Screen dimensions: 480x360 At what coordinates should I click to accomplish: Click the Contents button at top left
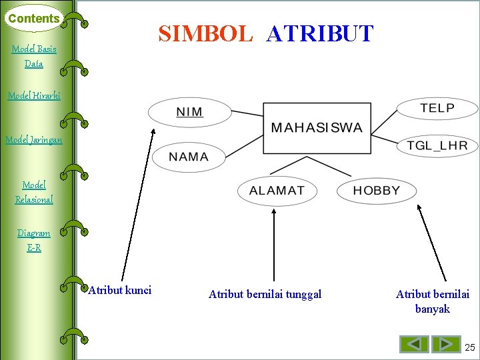(x=33, y=19)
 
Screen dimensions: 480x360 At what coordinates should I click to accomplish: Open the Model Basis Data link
(x=34, y=56)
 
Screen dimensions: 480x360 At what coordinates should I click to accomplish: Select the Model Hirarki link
(x=34, y=95)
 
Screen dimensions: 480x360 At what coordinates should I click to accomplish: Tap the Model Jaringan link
(x=34, y=139)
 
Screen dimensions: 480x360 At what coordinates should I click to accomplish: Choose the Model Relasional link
(x=34, y=191)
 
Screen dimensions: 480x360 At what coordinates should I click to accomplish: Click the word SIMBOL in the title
(x=205, y=33)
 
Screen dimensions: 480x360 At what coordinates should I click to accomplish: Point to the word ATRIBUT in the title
(x=319, y=33)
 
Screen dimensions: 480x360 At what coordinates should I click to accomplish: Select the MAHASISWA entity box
(x=317, y=128)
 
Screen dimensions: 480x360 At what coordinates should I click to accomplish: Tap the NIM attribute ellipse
(x=190, y=111)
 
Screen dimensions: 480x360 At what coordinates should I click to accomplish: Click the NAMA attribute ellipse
(x=189, y=157)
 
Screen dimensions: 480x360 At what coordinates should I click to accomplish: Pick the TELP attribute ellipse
(x=437, y=108)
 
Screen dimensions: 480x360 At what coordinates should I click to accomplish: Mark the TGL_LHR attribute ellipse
(x=437, y=145)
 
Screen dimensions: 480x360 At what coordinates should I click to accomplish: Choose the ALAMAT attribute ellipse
(x=277, y=191)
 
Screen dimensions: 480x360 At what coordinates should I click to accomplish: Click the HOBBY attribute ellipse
(x=376, y=191)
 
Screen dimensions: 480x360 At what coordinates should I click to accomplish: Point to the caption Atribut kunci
(x=120, y=290)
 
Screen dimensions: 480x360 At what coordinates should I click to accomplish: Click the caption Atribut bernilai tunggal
(x=265, y=294)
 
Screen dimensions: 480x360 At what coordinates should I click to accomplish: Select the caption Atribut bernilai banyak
(x=432, y=301)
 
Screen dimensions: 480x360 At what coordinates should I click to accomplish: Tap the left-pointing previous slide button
(x=414, y=344)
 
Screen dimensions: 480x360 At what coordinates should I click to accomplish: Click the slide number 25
(x=470, y=347)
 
